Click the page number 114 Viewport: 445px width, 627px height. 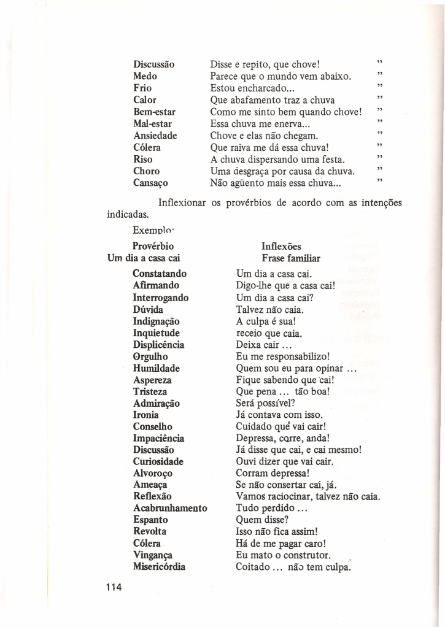click(x=114, y=588)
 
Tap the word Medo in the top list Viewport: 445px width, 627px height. click(x=145, y=76)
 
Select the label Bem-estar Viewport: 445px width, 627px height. click(x=154, y=112)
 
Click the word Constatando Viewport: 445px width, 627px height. click(x=160, y=274)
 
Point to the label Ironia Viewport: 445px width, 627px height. click(x=146, y=415)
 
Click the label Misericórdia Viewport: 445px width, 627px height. click(x=159, y=567)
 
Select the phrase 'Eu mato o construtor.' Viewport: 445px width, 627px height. click(x=284, y=555)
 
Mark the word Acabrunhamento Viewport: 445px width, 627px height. click(x=170, y=508)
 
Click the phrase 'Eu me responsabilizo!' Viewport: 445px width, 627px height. click(x=284, y=356)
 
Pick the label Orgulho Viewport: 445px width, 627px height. click(x=151, y=356)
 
